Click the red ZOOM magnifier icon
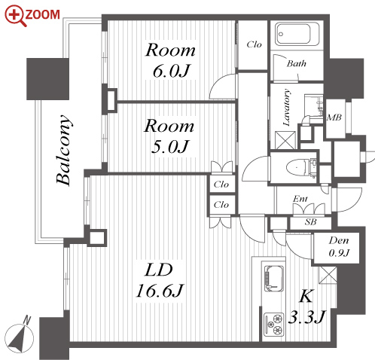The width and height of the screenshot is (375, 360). click(x=14, y=15)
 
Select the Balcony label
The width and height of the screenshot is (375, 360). click(x=63, y=150)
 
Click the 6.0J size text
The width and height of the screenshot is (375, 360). click(x=171, y=71)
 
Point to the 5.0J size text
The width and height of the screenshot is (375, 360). click(x=169, y=146)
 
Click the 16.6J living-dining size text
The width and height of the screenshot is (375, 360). click(x=160, y=291)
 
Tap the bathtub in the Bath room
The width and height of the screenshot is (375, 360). click(x=297, y=35)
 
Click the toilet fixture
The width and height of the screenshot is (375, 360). click(x=299, y=167)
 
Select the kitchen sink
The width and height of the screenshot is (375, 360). click(x=274, y=279)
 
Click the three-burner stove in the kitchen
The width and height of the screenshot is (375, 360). click(x=273, y=324)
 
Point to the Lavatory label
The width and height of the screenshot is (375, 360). click(x=286, y=108)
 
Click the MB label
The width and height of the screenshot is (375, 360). click(x=334, y=117)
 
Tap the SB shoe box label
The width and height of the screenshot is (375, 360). click(x=311, y=222)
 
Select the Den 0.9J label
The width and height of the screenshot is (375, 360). click(x=339, y=246)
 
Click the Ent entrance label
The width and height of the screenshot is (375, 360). click(x=300, y=199)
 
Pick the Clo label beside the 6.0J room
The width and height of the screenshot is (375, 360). click(x=254, y=44)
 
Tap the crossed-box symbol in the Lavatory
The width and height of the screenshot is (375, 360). click(x=285, y=140)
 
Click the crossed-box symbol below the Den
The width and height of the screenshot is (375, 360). click(x=328, y=276)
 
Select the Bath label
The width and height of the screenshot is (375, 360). click(x=297, y=63)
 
